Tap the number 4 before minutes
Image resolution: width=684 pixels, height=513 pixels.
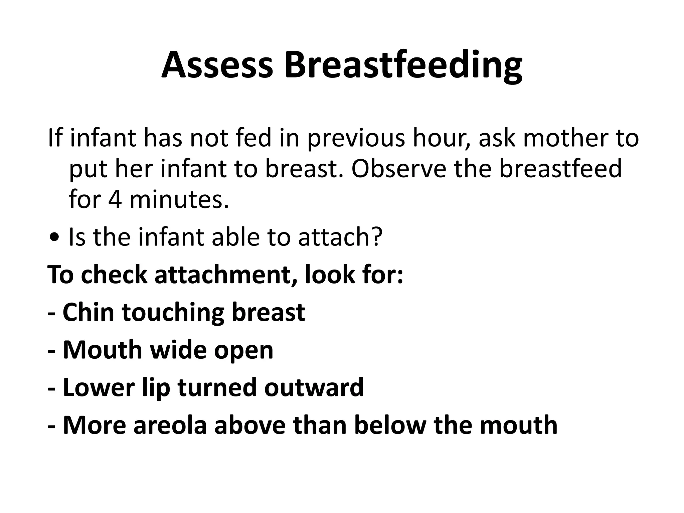click(115, 199)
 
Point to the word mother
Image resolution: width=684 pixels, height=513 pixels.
click(564, 138)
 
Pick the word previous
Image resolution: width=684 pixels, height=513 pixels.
click(356, 138)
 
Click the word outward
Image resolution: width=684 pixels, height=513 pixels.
click(314, 387)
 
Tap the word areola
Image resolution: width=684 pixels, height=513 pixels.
click(170, 425)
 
